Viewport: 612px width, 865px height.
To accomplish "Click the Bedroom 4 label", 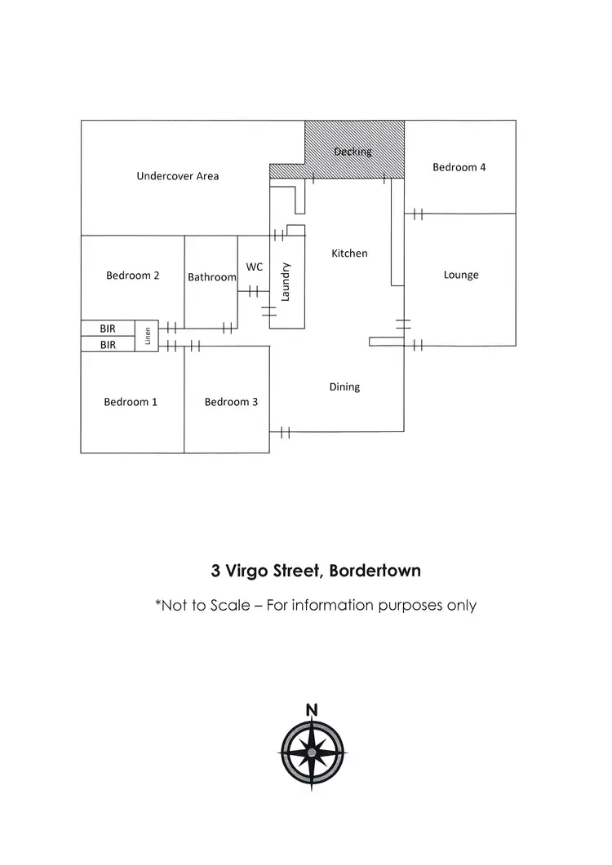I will [459, 167].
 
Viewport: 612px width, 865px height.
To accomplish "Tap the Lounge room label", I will [461, 275].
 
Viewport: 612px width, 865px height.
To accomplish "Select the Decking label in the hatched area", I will [353, 152].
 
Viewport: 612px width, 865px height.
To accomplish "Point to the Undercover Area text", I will [177, 175].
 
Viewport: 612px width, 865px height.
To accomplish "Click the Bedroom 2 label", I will [132, 276].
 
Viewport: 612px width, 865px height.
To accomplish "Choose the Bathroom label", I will [211, 277].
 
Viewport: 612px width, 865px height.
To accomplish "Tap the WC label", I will [254, 267].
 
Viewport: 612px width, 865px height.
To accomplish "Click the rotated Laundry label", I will [286, 282].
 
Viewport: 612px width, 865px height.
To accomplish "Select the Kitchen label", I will [349, 254].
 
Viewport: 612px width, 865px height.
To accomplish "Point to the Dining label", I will [344, 387].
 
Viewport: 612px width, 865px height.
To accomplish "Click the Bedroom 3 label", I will [231, 402].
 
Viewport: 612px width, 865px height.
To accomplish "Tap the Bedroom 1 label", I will [131, 402].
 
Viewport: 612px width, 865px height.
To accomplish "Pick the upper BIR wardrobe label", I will [108, 328].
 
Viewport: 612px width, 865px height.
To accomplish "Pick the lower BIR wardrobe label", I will [108, 345].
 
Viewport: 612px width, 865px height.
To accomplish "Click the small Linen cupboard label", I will [148, 336].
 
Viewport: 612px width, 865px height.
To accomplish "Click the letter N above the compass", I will [312, 710].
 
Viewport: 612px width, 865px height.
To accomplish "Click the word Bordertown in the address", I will [373, 571].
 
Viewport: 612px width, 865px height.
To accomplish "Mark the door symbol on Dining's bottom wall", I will [285, 432].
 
